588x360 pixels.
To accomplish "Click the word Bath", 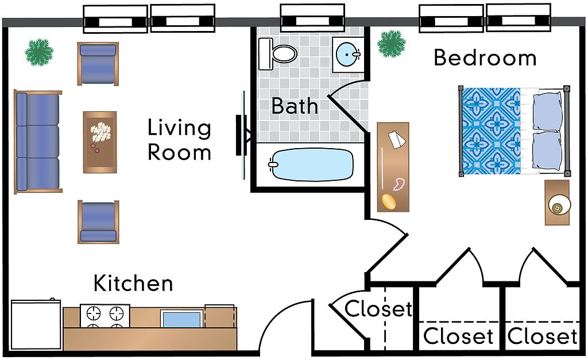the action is pos(295,106).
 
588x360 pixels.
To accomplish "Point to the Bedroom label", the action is pos(485,58).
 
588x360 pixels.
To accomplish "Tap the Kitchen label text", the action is pos(133,284).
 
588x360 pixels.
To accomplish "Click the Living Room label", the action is pos(179,140).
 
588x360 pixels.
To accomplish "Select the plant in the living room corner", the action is pos(39,52).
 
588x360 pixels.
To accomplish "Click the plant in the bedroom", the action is pos(392,44).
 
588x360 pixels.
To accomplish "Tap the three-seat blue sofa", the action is pos(38,142).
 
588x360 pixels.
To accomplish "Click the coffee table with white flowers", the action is pos(100,142).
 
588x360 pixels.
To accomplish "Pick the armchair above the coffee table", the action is pos(98,63).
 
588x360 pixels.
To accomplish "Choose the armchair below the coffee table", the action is pos(98,222).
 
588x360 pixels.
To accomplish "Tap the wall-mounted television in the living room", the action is pos(241,136).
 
